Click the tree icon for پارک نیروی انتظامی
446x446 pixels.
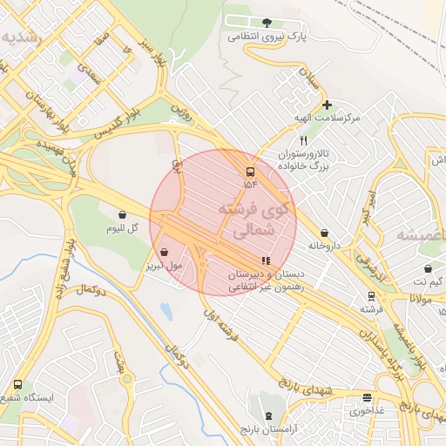(267, 23)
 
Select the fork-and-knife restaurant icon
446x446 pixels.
(303, 140)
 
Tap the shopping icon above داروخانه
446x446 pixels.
(325, 233)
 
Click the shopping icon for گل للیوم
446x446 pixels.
(122, 214)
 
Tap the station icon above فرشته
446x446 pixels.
(372, 295)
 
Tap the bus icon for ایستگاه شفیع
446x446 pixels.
(17, 384)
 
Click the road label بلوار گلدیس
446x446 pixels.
(113, 122)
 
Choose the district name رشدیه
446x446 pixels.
(21, 38)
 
